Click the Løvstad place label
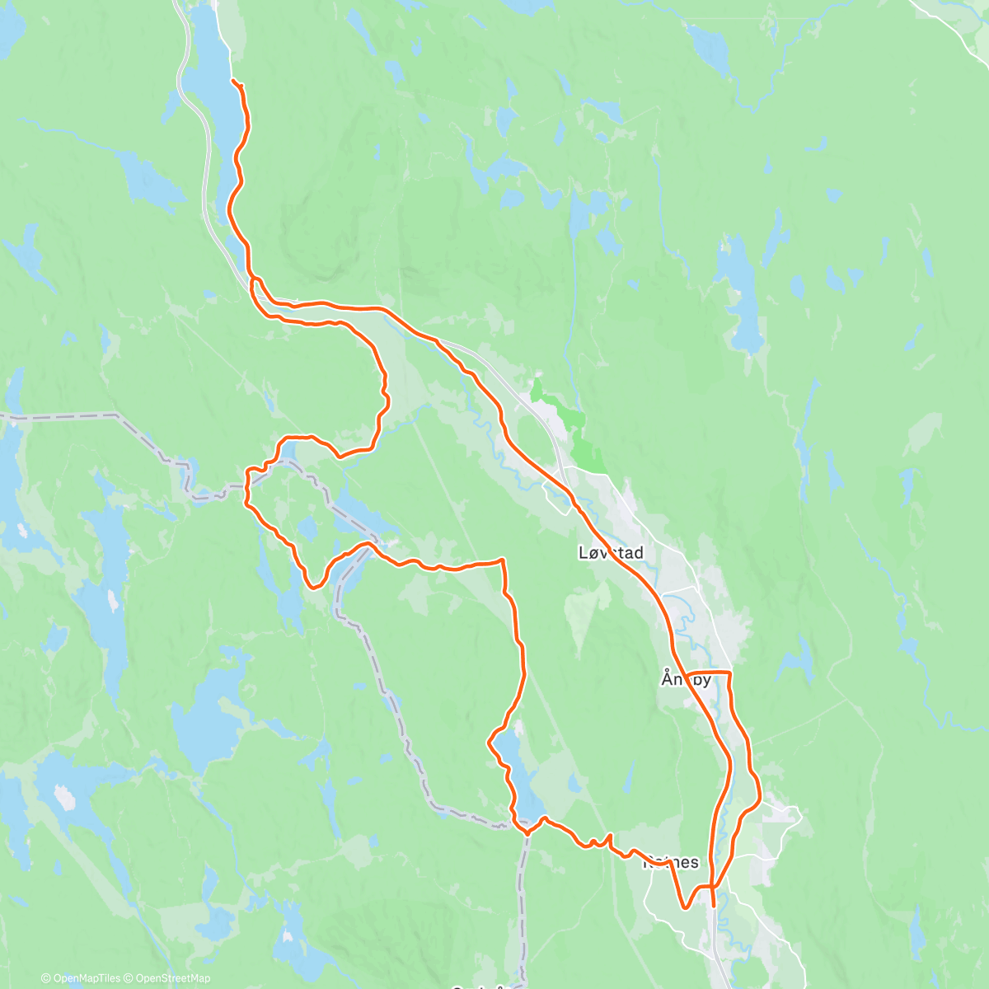(x=611, y=553)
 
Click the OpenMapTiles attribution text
(x=81, y=978)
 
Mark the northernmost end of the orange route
(x=234, y=81)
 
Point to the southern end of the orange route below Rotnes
(x=713, y=906)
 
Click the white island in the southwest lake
(x=63, y=797)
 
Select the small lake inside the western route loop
(x=307, y=527)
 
